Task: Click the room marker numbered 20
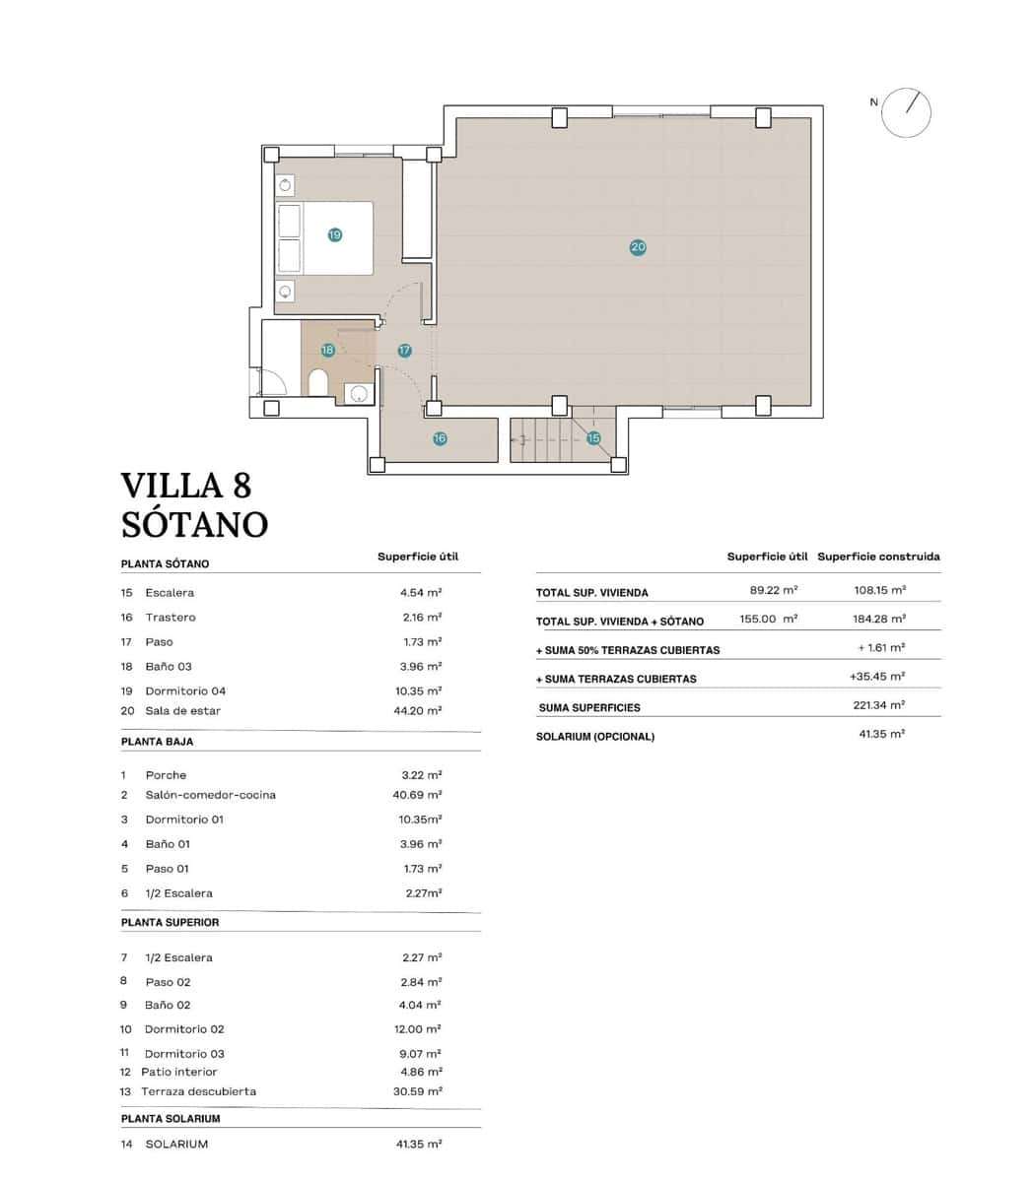(x=638, y=247)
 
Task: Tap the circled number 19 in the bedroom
(x=335, y=234)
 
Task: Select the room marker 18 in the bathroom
(x=328, y=350)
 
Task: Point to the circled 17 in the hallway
(x=404, y=351)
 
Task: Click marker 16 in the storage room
(x=440, y=438)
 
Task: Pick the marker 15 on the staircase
(x=593, y=438)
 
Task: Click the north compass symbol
(x=906, y=112)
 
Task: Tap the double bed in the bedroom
(x=325, y=238)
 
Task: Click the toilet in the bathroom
(x=318, y=382)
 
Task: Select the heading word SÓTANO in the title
(x=194, y=524)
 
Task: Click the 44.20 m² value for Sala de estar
(x=418, y=710)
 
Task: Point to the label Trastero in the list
(x=171, y=618)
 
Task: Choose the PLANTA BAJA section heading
(x=157, y=741)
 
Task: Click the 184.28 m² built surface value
(x=879, y=619)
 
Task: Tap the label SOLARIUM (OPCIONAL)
(x=594, y=737)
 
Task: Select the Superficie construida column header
(x=878, y=557)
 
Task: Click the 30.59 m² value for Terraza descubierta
(x=417, y=1091)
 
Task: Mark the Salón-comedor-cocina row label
(x=210, y=795)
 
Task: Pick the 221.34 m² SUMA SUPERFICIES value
(x=879, y=705)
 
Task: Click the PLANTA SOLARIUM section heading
(x=171, y=1119)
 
